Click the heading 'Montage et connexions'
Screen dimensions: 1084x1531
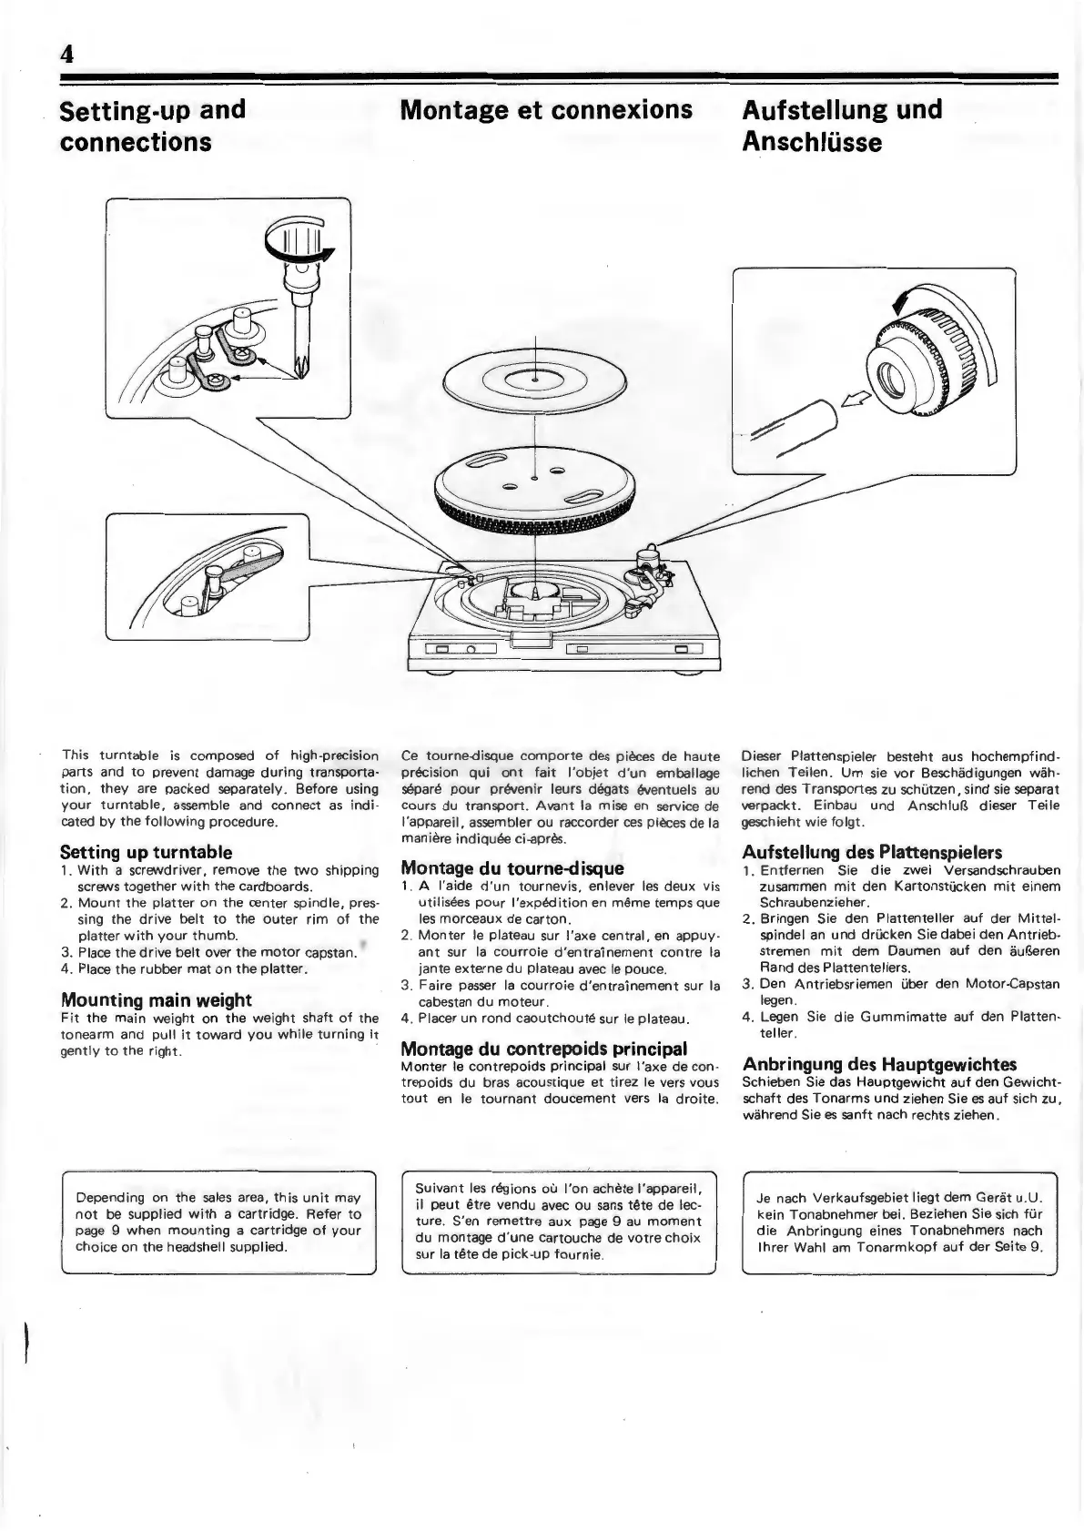pyautogui.click(x=546, y=110)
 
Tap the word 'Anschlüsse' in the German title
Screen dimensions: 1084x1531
pyautogui.click(x=812, y=142)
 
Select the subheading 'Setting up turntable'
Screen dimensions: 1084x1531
pyautogui.click(x=146, y=853)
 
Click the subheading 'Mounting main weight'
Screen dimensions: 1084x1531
pyautogui.click(x=156, y=1000)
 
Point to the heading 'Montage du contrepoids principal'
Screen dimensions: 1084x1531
pyautogui.click(x=543, y=1049)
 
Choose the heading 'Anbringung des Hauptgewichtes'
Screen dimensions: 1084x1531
pyautogui.click(x=879, y=1065)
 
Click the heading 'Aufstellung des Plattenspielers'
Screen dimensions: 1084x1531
pyautogui.click(x=872, y=853)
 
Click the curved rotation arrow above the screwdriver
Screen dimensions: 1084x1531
pyautogui.click(x=299, y=239)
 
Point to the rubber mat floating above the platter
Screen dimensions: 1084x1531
pyautogui.click(x=535, y=378)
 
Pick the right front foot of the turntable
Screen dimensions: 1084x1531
pyautogui.click(x=682, y=674)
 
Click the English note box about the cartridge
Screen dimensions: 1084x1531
pyautogui.click(x=218, y=1222)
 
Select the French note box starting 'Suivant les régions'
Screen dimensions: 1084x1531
pyautogui.click(x=559, y=1221)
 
